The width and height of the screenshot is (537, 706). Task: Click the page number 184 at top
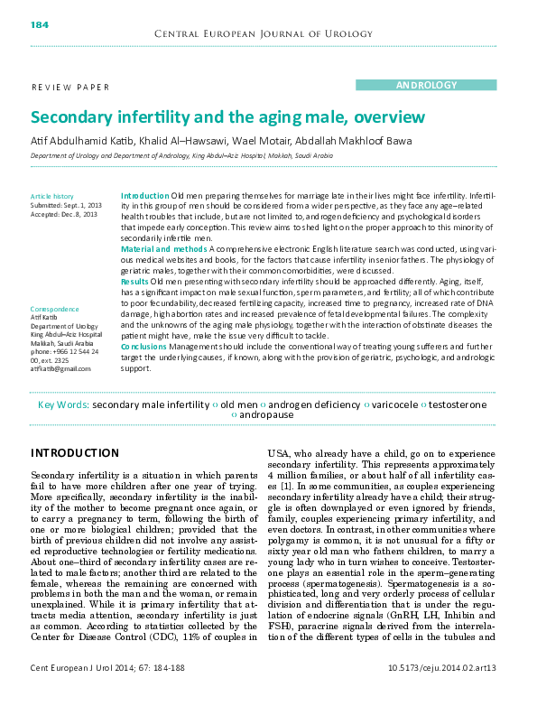click(40, 23)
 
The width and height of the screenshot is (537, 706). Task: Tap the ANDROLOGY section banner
click(426, 85)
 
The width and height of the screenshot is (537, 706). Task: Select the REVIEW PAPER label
click(70, 88)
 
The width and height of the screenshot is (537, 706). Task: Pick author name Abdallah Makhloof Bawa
click(359, 141)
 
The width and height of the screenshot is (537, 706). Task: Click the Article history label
click(51, 196)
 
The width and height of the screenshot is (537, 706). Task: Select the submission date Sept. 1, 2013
click(79, 205)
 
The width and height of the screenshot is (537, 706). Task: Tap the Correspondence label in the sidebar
click(55, 309)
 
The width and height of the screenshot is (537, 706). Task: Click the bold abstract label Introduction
click(144, 196)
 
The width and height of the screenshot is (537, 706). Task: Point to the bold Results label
click(134, 283)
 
